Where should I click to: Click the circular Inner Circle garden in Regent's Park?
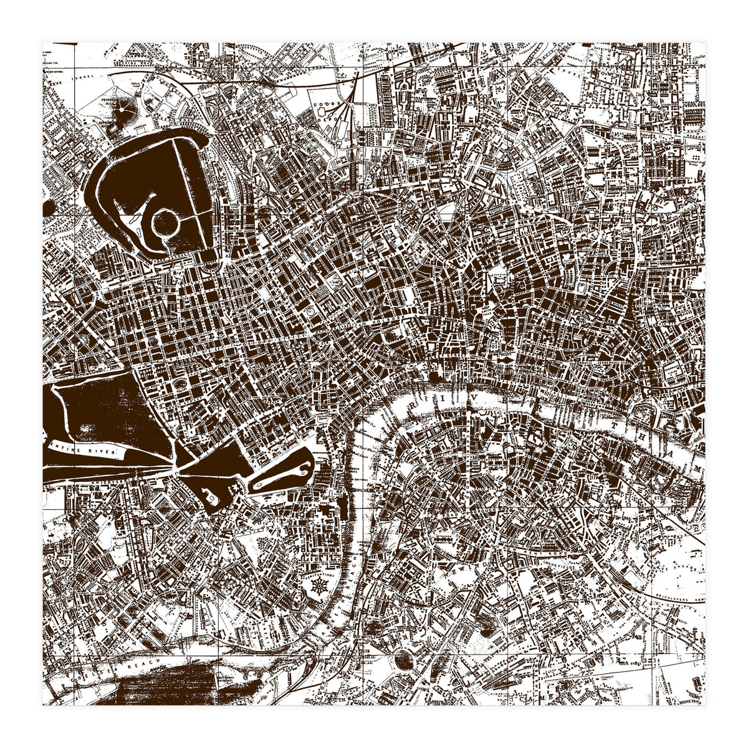point(166,221)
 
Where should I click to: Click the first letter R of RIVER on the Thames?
point(413,406)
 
